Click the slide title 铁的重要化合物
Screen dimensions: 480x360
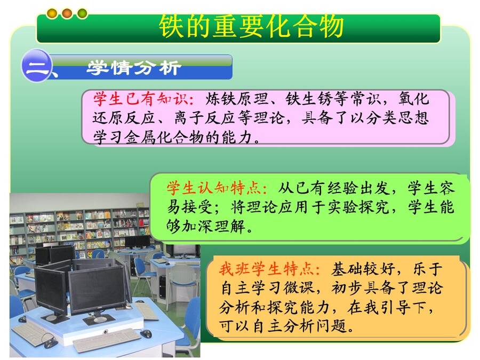pos(251,26)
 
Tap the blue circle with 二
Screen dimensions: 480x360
pos(36,66)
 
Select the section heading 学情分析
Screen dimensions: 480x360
pos(133,67)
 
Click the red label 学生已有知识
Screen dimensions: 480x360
pos(141,99)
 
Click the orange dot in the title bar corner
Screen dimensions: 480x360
pos(67,13)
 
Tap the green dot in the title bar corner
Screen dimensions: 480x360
pos(82,13)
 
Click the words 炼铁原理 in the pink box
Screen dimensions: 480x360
pos(237,99)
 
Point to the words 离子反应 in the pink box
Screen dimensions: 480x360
pos(205,118)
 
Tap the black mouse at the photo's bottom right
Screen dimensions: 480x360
pos(146,333)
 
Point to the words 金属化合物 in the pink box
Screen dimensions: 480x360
pos(165,137)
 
